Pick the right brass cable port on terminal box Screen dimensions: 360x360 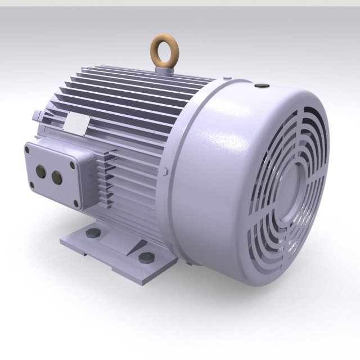(56, 178)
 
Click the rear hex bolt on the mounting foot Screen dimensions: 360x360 (93, 232)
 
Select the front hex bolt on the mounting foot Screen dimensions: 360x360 (145, 258)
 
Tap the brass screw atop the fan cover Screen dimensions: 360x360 (260, 86)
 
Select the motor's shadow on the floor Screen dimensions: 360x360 (225, 298)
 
